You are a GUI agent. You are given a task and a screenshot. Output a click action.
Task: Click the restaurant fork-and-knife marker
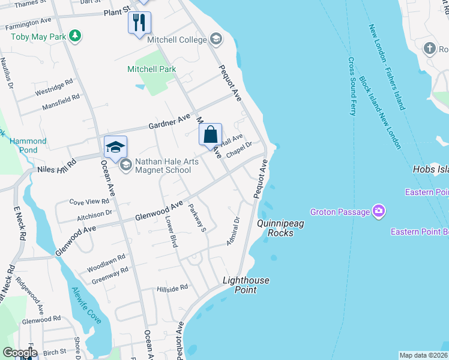[x=139, y=23]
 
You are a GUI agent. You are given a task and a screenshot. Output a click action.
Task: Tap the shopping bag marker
[x=210, y=134]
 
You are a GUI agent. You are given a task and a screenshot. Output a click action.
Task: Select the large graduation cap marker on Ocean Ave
[x=115, y=146]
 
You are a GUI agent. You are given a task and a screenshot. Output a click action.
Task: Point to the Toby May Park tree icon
[x=75, y=37]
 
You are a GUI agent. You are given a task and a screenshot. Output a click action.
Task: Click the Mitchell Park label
[x=151, y=69]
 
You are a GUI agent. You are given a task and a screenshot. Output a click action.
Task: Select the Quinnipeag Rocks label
[x=276, y=228]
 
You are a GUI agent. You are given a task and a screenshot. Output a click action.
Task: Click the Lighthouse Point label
[x=246, y=285]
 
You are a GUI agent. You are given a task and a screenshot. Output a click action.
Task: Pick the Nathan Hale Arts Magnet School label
[x=163, y=166]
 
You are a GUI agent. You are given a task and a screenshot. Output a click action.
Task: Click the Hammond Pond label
[x=28, y=145]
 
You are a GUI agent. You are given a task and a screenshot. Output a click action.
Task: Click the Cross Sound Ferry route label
[x=352, y=86]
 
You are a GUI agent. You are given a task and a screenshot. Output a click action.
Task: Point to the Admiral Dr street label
[x=234, y=229]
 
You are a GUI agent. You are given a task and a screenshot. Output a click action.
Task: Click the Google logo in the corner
[x=20, y=353]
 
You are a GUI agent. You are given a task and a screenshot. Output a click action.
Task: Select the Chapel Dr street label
[x=238, y=148]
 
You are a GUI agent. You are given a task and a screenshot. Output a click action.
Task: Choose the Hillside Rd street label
[x=173, y=289]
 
